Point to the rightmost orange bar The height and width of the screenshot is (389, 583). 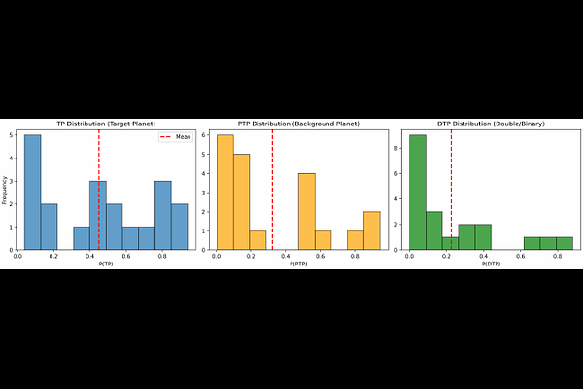click(x=372, y=230)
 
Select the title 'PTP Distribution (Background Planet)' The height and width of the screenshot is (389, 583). click(x=298, y=124)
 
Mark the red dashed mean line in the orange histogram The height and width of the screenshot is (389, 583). click(x=272, y=194)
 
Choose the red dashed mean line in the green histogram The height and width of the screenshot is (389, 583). click(x=451, y=194)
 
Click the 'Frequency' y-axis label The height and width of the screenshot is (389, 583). click(x=6, y=190)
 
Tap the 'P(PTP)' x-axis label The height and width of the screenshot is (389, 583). click(x=298, y=265)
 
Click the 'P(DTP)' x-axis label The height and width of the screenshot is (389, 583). click(x=491, y=265)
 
